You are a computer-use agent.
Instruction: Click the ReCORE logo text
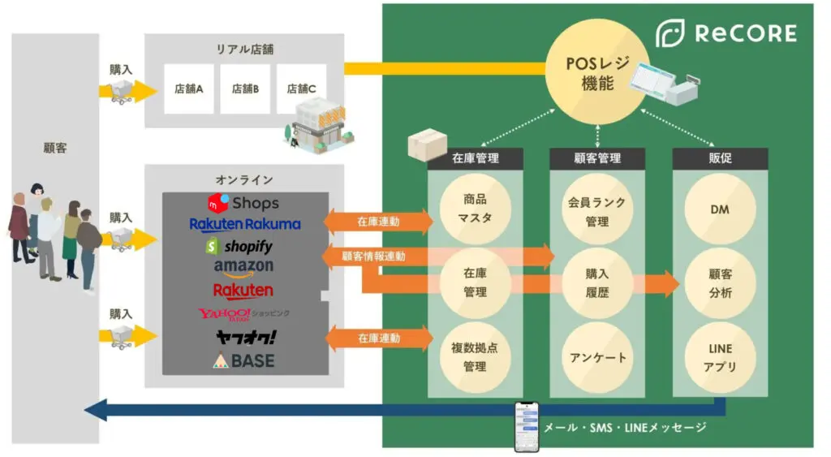click(745, 32)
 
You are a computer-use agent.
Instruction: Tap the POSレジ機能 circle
click(597, 71)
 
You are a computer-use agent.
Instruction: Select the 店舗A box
click(188, 88)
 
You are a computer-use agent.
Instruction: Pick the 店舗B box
click(245, 88)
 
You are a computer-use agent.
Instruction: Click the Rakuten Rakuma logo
click(245, 224)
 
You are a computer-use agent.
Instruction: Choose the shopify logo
click(239, 246)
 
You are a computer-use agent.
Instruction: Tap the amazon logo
click(243, 268)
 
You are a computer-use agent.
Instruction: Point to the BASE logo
click(243, 360)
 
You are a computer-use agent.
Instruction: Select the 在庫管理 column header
click(476, 158)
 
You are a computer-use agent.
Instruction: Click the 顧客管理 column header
click(597, 158)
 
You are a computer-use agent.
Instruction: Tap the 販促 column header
click(721, 158)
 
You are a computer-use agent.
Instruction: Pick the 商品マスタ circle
click(475, 209)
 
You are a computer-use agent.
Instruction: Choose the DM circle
click(720, 209)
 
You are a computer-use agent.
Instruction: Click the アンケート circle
click(597, 358)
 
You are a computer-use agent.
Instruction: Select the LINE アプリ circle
click(720, 358)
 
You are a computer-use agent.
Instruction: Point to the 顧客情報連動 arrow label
click(373, 257)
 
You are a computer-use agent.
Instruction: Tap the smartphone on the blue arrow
click(527, 427)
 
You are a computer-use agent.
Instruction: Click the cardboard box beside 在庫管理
click(427, 144)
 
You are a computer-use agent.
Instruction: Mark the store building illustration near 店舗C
click(318, 126)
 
